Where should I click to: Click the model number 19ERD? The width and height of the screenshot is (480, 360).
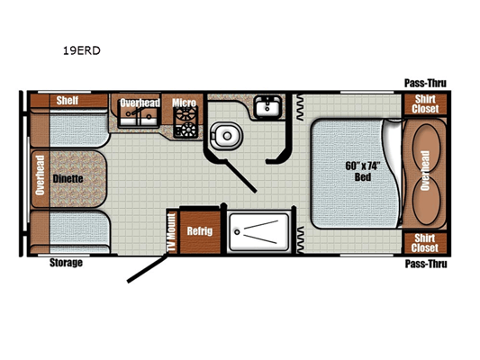[x=82, y=50]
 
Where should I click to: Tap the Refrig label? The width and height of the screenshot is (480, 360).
[x=200, y=231]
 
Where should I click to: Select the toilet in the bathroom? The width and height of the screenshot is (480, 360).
[x=226, y=136]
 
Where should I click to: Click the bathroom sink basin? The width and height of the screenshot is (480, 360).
[x=267, y=107]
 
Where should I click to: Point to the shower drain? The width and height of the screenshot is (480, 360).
[x=237, y=232]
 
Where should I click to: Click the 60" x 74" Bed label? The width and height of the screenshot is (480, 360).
[x=362, y=171]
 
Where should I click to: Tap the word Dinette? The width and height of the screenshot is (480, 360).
[x=68, y=178]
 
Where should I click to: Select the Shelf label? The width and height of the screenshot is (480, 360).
[x=68, y=100]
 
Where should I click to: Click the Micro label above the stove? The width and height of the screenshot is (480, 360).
[x=184, y=103]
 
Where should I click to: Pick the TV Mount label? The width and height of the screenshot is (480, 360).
[x=172, y=232]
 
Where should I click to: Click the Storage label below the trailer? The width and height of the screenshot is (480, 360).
[x=66, y=263]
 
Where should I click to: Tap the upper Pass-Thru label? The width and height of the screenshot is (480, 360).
[x=425, y=83]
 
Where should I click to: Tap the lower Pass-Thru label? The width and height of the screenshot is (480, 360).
[x=426, y=264]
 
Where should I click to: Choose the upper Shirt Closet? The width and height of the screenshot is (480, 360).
[x=425, y=104]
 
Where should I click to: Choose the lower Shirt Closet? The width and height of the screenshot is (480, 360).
[x=425, y=243]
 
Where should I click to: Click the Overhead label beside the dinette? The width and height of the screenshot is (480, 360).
[x=41, y=175]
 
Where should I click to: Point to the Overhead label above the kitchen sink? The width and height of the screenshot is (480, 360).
[x=140, y=103]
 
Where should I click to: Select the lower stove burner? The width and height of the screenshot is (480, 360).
[x=186, y=130]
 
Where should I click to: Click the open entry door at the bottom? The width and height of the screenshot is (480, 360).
[x=148, y=269]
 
